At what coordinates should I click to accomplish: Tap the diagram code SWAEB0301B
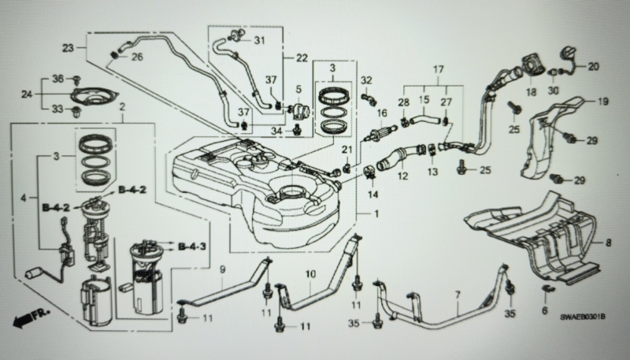click(583, 317)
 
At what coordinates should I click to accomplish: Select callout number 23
click(68, 48)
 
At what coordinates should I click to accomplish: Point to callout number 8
click(608, 243)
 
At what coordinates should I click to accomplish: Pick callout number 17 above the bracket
click(439, 69)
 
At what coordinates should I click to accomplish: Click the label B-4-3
click(191, 247)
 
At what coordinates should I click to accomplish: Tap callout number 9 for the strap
click(223, 270)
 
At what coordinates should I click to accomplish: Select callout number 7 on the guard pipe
click(458, 295)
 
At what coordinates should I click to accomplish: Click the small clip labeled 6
click(547, 289)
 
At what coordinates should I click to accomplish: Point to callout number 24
click(27, 95)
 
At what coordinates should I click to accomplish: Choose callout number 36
click(58, 79)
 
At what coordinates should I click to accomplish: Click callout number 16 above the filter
click(382, 113)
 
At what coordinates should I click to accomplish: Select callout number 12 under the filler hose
click(402, 176)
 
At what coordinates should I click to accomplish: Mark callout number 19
click(603, 102)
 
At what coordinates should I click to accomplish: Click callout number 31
click(260, 40)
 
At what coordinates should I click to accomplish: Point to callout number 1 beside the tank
click(376, 214)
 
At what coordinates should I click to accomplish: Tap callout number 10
click(310, 274)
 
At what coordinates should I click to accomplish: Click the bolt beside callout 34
click(298, 130)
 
